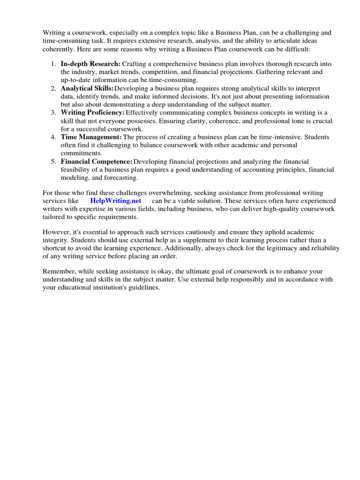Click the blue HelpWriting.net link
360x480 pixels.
tap(116, 200)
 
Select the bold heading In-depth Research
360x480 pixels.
tap(90, 64)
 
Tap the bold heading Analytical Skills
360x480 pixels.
tap(87, 88)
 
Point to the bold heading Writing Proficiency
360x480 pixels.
tap(92, 112)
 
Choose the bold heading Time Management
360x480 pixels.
tap(91, 137)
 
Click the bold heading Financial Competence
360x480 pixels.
tap(97, 161)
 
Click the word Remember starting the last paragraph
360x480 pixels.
tap(59, 271)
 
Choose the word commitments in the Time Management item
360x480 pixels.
tap(81, 153)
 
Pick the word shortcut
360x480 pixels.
tap(56, 248)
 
